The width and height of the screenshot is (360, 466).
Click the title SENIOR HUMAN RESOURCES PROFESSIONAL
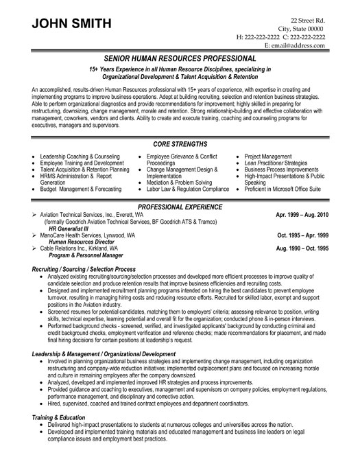(x=180, y=60)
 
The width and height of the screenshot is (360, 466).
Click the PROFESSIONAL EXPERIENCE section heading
(x=180, y=206)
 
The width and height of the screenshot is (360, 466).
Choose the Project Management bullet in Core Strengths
(x=269, y=137)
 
